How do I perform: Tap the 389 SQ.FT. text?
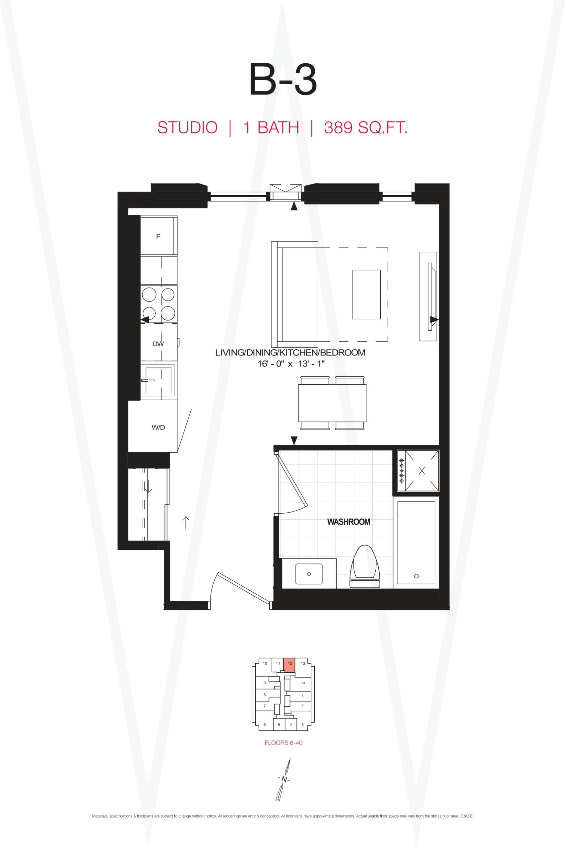pos(365,128)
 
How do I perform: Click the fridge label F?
pos(158,236)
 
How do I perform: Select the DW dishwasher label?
pos(158,344)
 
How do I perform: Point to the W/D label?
pos(158,427)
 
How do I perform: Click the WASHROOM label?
pos(348,522)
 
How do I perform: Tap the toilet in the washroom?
pos(365,567)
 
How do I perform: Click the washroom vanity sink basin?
pos(309,574)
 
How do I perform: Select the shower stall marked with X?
pos(421,471)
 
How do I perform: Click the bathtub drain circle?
pos(416,576)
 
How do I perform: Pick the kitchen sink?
pos(158,380)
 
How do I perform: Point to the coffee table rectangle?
pos(366,294)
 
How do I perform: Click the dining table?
pos(332,403)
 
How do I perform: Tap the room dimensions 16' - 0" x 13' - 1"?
pos(291,363)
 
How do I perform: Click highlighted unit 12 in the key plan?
pos(289,664)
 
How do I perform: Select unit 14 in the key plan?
pos(302,683)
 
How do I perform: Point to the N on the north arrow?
pos(284,779)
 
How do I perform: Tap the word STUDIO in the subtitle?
pos(187,128)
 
